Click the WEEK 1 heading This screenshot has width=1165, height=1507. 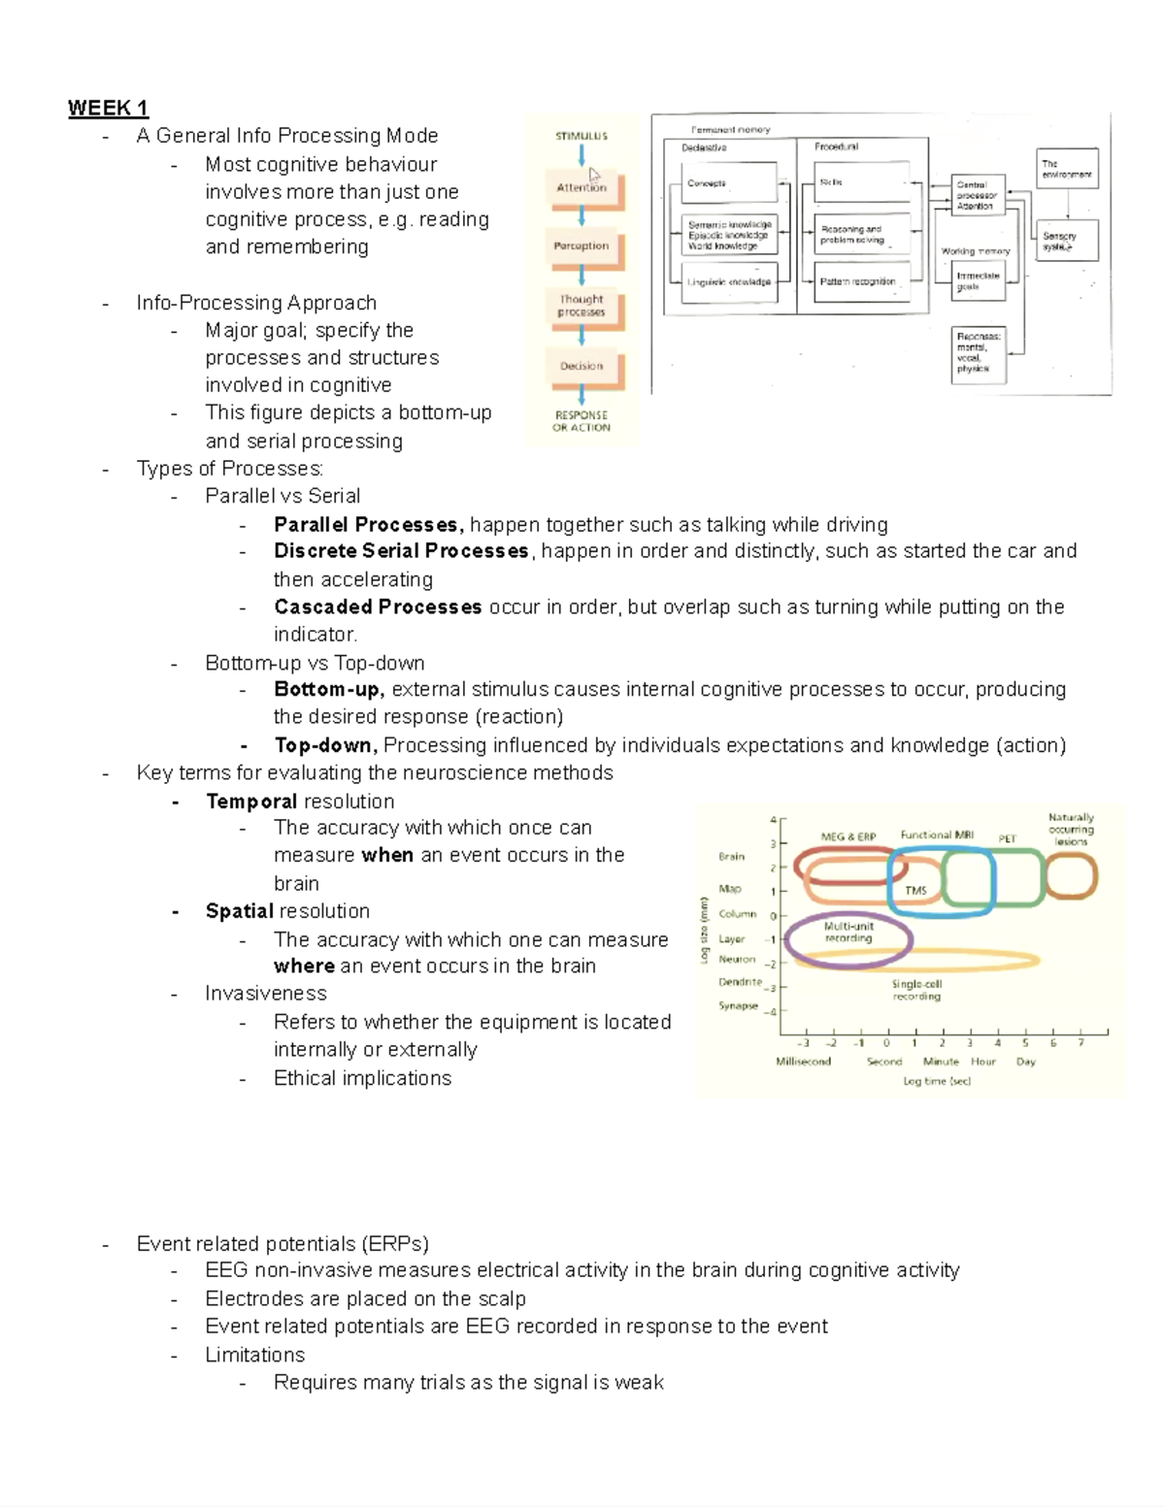click(108, 108)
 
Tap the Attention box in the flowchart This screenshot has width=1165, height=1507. click(582, 188)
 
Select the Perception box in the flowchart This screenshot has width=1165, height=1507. click(582, 246)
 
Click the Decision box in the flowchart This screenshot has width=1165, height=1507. click(582, 367)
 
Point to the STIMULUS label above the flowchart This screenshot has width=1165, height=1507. click(582, 136)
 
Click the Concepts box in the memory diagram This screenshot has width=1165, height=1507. click(728, 182)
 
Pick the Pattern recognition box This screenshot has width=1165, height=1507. click(860, 281)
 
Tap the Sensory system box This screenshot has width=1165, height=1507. click(1067, 240)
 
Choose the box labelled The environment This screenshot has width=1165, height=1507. click(1067, 169)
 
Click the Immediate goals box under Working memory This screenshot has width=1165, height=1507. click(978, 281)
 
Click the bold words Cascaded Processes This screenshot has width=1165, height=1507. click(378, 607)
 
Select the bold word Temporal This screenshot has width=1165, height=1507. click(251, 802)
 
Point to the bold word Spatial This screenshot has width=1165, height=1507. click(240, 911)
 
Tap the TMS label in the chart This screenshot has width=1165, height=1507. click(915, 891)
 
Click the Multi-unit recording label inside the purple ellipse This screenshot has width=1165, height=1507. click(849, 933)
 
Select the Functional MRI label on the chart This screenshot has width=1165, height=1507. click(936, 835)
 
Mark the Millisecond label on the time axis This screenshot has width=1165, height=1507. click(803, 1062)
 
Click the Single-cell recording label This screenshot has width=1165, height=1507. click(916, 990)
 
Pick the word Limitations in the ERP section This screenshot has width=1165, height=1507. click(254, 1355)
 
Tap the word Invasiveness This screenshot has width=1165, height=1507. click(266, 994)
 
